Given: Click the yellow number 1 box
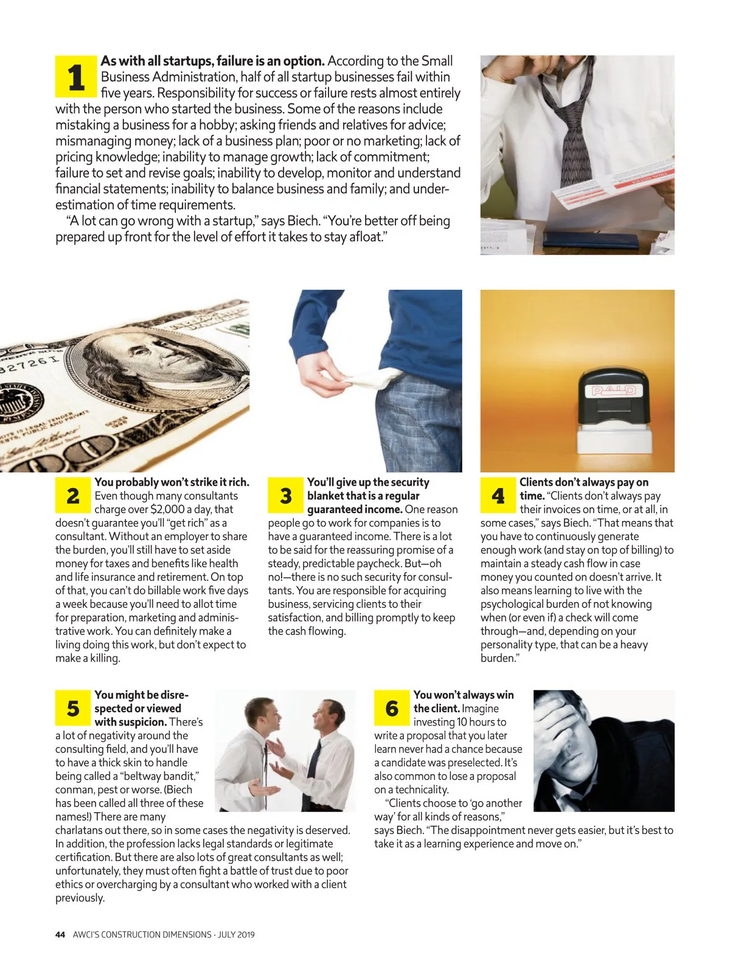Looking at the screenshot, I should (76, 77).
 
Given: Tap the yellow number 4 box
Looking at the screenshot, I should (498, 496).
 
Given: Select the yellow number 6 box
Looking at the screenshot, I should (392, 709).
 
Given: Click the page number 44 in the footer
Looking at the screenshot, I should (60, 934).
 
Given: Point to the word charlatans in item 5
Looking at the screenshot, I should (82, 830).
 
